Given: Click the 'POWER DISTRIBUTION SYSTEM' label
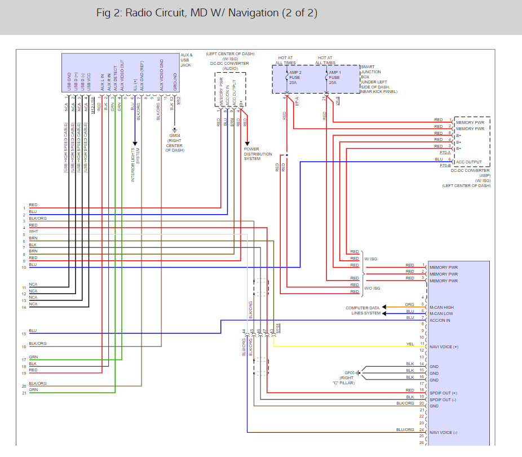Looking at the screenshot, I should point(258,154).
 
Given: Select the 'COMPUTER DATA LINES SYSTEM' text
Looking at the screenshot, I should point(363,310).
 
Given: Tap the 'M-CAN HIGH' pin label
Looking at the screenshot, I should point(441,307).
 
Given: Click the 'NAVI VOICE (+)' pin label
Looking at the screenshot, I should point(444,347).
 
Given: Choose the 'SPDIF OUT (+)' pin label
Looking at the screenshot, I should point(443,393).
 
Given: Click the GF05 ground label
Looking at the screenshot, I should point(350,372).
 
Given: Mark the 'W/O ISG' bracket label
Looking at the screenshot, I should point(372,288).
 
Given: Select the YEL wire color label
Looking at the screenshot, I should point(410,344).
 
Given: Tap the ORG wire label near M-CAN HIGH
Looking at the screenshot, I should point(410,304).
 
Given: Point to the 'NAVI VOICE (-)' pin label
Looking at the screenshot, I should point(444,432).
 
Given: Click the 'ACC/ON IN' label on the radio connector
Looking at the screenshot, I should point(440,321).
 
